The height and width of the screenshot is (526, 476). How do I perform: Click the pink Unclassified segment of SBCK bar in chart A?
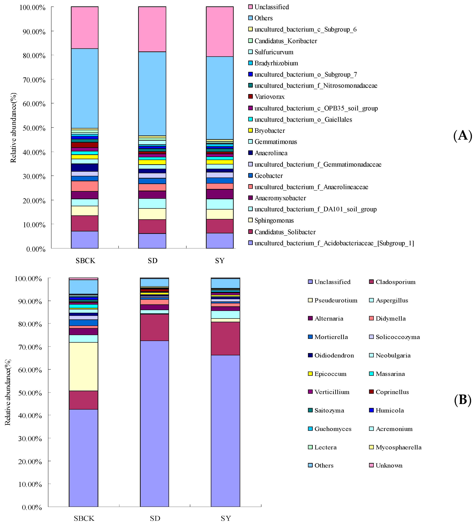(x=85, y=28)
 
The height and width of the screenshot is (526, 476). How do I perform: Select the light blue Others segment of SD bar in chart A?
(x=152, y=94)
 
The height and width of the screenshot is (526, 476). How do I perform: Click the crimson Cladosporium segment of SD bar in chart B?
(x=154, y=327)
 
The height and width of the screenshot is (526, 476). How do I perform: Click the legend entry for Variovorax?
(x=269, y=97)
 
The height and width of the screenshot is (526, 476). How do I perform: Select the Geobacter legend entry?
(x=268, y=176)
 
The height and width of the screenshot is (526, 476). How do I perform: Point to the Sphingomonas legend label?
(x=274, y=220)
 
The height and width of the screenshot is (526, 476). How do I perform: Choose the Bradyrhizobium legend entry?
(x=276, y=63)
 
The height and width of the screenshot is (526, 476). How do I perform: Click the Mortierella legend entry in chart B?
(x=331, y=337)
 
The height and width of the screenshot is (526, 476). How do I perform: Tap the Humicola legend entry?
(x=390, y=410)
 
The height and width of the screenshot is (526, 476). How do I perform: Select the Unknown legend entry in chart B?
(x=389, y=465)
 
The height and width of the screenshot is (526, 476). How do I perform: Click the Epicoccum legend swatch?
(x=310, y=374)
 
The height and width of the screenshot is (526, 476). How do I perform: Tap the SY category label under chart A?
(x=220, y=261)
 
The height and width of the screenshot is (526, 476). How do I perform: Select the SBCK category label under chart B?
(x=84, y=518)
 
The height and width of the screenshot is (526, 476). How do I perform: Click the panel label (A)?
(x=463, y=136)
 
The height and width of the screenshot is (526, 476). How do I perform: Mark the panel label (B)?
(x=463, y=400)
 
